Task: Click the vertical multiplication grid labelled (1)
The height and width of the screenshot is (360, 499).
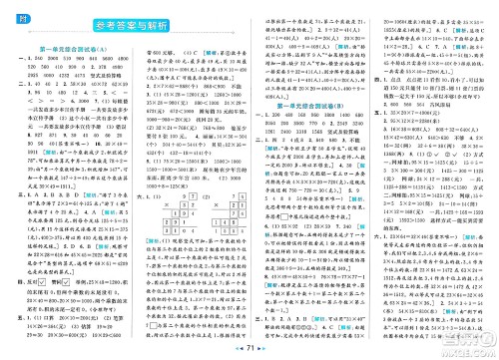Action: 184,213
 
